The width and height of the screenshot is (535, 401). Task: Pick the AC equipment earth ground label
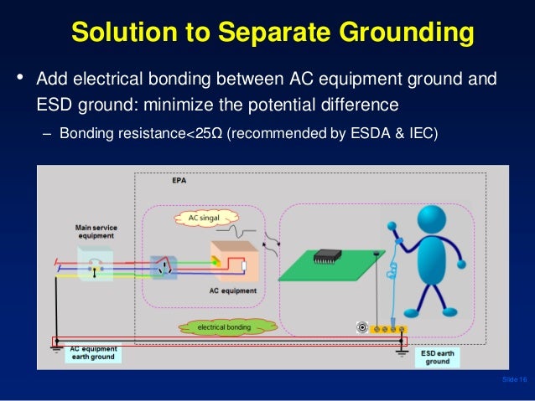(94, 352)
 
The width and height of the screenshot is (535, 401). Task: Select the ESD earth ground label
(438, 357)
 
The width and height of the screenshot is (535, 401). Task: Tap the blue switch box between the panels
(164, 269)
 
